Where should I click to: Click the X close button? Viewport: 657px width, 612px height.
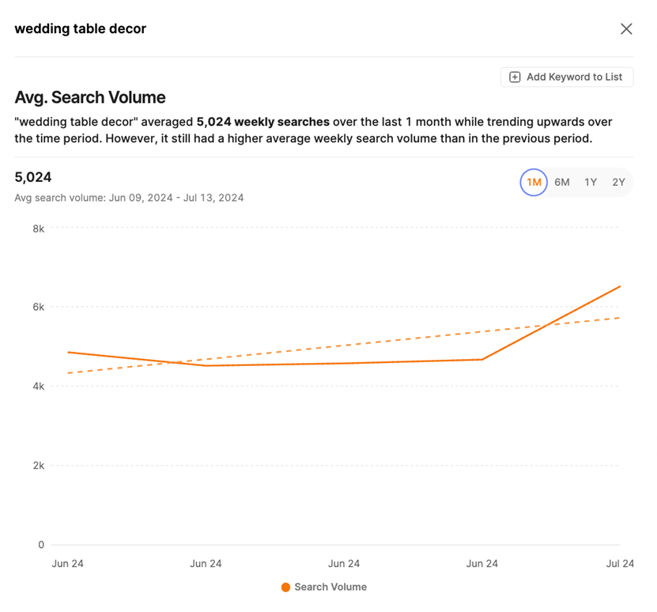pyautogui.click(x=626, y=29)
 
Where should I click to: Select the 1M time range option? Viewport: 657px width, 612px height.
pyautogui.click(x=534, y=183)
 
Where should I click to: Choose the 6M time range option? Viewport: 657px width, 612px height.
pyautogui.click(x=562, y=183)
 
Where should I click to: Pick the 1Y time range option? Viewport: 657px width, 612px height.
pyautogui.click(x=591, y=183)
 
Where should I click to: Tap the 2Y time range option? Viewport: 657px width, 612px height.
pyautogui.click(x=618, y=183)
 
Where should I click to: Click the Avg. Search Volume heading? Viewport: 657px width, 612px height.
pyautogui.click(x=90, y=97)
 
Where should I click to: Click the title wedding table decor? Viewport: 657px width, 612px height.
pyautogui.click(x=80, y=29)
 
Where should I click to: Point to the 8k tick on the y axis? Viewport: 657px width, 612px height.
pyautogui.click(x=38, y=229)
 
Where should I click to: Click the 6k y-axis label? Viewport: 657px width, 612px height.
pyautogui.click(x=38, y=308)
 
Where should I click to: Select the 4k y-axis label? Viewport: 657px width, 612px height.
pyautogui.click(x=38, y=387)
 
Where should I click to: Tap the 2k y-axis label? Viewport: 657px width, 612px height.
pyautogui.click(x=38, y=466)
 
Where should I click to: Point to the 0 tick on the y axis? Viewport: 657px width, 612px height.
pyautogui.click(x=41, y=545)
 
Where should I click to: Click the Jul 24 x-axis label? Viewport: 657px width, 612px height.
pyautogui.click(x=619, y=564)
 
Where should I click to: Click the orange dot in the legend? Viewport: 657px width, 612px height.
pyautogui.click(x=285, y=587)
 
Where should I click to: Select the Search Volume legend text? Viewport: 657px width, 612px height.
pyautogui.click(x=330, y=587)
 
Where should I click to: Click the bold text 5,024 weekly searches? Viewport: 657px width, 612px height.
pyautogui.click(x=262, y=123)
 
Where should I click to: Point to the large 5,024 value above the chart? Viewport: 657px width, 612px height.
pyautogui.click(x=33, y=177)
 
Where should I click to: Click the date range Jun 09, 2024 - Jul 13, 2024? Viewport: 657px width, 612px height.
pyautogui.click(x=174, y=198)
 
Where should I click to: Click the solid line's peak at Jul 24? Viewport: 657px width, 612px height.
pyautogui.click(x=620, y=286)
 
